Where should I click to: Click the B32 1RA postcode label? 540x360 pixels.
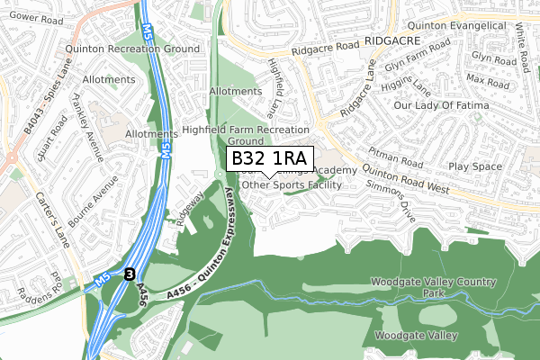click(x=269, y=159)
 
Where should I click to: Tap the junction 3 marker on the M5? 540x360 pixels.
click(x=130, y=274)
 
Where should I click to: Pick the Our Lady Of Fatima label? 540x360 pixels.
click(x=444, y=106)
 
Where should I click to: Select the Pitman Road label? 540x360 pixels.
click(x=392, y=139)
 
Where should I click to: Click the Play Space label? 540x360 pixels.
click(x=474, y=166)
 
